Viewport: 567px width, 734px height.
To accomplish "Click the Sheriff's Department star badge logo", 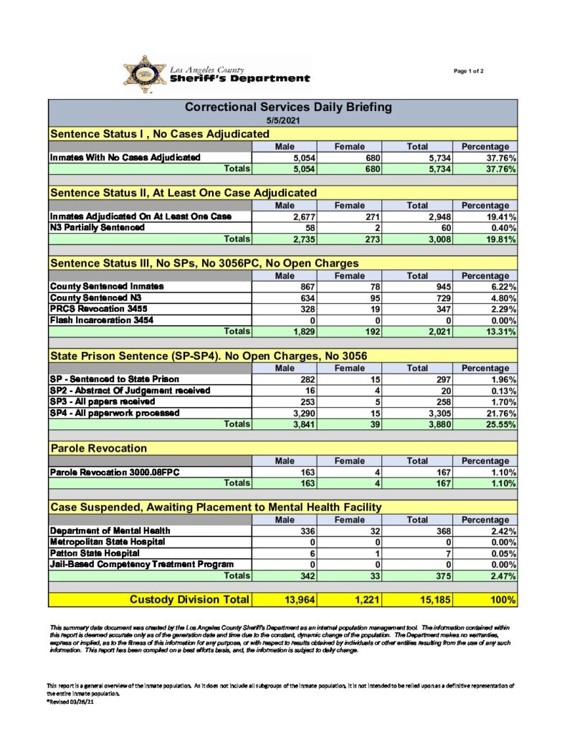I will [144, 74].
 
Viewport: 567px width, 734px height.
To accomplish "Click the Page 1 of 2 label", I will [469, 71].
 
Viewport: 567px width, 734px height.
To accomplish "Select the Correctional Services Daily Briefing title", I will [288, 108].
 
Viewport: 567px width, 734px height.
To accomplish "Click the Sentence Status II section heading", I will [183, 193].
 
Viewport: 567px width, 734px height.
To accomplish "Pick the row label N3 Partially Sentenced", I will [97, 228].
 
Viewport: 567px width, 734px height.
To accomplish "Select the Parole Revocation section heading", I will [98, 449].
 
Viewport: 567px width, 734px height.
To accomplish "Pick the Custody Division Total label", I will [189, 599].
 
